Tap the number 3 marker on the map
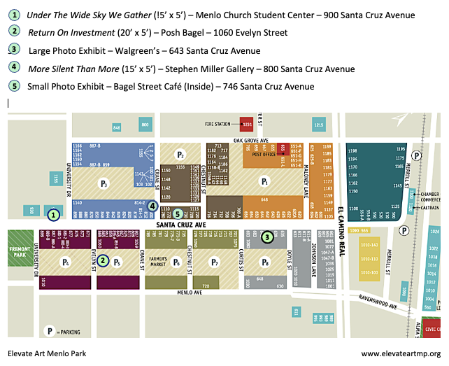coord(267,237)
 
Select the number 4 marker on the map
coord(152,206)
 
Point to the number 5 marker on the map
coord(178,214)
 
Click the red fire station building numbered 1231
coord(245,124)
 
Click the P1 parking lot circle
coord(265,181)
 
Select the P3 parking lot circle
coord(104,184)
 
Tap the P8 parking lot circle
coord(265,262)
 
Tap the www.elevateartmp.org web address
coord(401,354)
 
